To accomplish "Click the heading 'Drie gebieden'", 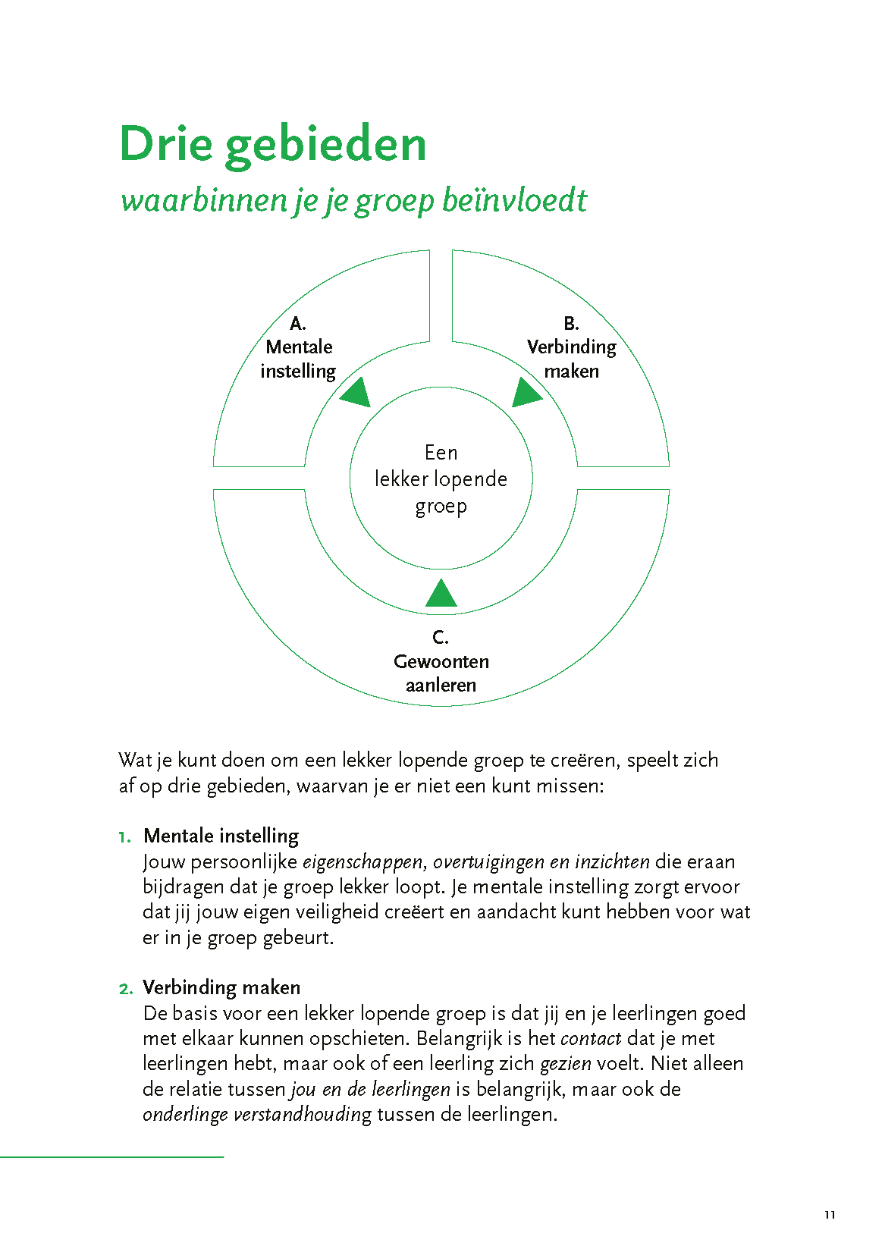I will tap(273, 144).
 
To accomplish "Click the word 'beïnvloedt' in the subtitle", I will tap(513, 200).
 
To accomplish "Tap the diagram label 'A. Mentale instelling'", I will tap(299, 347).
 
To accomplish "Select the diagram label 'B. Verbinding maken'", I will tap(571, 347).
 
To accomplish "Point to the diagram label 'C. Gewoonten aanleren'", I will tap(441, 661).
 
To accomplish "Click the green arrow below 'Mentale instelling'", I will tap(356, 394).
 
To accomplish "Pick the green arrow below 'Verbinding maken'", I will tap(526, 393).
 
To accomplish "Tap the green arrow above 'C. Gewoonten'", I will tap(441, 595).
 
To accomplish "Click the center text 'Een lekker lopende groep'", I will tap(441, 479).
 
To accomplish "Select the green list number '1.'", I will tap(125, 837).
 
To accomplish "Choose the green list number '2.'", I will tap(126, 989).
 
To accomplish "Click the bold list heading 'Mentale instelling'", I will tap(221, 836).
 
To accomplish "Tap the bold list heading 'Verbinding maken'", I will tap(221, 987).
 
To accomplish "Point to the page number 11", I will tap(830, 1215).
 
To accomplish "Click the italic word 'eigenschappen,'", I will tap(365, 862).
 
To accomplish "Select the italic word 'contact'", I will tap(591, 1038).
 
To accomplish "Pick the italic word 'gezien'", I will tap(565, 1064).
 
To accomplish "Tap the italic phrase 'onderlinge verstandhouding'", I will tap(257, 1115).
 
